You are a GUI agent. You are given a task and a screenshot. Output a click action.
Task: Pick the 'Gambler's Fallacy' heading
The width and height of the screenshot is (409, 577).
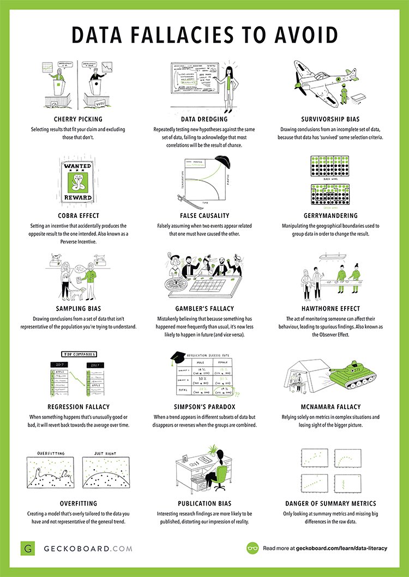205,308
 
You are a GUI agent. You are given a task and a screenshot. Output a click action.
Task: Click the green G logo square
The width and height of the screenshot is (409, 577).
28,548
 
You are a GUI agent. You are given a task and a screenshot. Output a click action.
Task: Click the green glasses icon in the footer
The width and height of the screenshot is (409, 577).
252,548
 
